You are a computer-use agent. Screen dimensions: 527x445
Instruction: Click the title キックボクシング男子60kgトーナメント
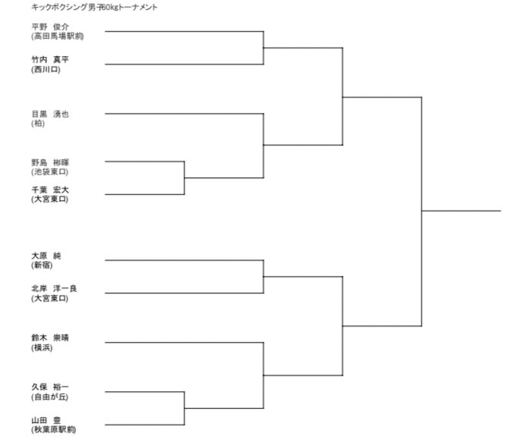pyautogui.click(x=94, y=7)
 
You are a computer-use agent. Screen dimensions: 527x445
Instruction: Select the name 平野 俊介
pyautogui.click(x=50, y=27)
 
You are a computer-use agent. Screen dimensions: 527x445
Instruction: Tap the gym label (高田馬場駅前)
pyautogui.click(x=58, y=36)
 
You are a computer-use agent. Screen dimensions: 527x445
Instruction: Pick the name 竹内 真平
pyautogui.click(x=50, y=59)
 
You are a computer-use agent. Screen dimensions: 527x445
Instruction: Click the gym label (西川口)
pyautogui.click(x=46, y=70)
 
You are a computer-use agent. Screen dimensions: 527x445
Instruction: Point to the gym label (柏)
pyautogui.click(x=38, y=124)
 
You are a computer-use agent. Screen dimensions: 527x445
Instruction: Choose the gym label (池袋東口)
pyautogui.click(x=50, y=172)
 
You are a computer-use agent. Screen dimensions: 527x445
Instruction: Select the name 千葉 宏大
pyautogui.click(x=50, y=190)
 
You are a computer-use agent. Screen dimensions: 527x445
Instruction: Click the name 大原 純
pyautogui.click(x=46, y=255)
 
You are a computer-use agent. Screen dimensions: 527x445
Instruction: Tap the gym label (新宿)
pyautogui.click(x=42, y=265)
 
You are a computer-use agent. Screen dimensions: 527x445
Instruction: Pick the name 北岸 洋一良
pyautogui.click(x=54, y=288)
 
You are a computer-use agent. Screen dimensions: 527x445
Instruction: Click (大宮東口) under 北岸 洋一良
pyautogui.click(x=50, y=298)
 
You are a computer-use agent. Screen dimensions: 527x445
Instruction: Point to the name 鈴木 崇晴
pyautogui.click(x=50, y=338)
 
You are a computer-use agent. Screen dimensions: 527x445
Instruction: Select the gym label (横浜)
pyautogui.click(x=42, y=347)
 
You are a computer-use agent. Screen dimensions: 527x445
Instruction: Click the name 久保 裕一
pyautogui.click(x=50, y=387)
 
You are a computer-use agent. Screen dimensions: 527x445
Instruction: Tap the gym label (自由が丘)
pyautogui.click(x=50, y=397)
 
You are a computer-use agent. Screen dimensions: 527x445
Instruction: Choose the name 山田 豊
pyautogui.click(x=46, y=420)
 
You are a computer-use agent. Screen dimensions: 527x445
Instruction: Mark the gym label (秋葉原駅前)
pyautogui.click(x=54, y=429)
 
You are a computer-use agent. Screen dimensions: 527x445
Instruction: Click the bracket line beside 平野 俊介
pyautogui.click(x=184, y=31)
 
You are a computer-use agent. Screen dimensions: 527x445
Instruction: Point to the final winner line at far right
pyautogui.click(x=461, y=211)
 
